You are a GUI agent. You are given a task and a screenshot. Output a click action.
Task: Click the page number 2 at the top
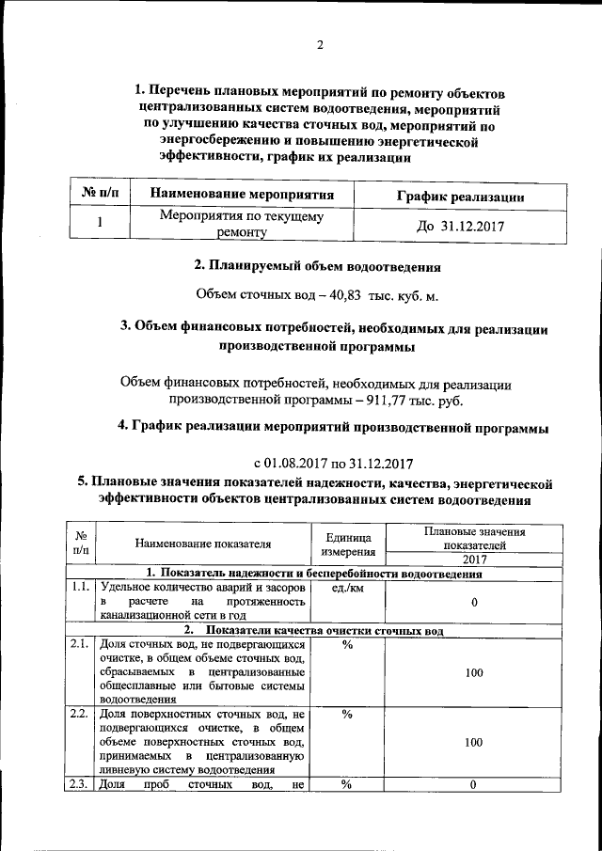pyautogui.click(x=320, y=45)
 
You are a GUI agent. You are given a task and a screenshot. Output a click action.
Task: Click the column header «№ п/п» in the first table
pyautogui.click(x=101, y=195)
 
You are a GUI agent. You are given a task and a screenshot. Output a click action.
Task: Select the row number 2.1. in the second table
pyautogui.click(x=81, y=644)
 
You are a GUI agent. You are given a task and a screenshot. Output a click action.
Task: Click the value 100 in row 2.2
pyautogui.click(x=475, y=743)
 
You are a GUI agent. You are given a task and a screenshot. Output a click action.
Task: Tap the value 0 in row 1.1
pyautogui.click(x=475, y=602)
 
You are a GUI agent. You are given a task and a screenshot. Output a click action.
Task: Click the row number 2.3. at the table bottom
pyautogui.click(x=81, y=784)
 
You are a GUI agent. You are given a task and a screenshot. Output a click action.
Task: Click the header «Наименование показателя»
pyautogui.click(x=203, y=543)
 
